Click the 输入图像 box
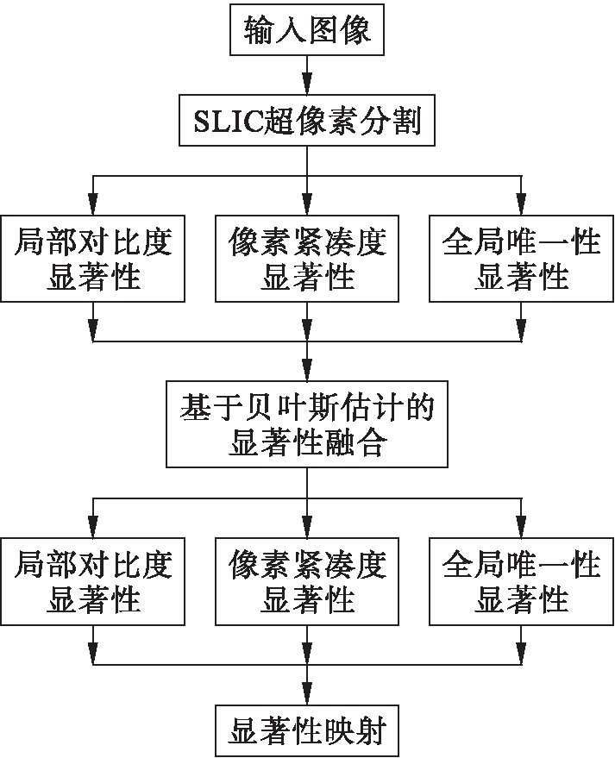[x=307, y=32]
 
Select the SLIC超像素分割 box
[x=307, y=122]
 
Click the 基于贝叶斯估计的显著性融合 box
[x=307, y=424]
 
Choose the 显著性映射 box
[x=307, y=731]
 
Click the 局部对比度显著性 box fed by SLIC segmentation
[x=93, y=259]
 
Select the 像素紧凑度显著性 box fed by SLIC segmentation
[x=307, y=259]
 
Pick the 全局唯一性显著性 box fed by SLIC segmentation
[x=521, y=259]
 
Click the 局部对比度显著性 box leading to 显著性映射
[x=93, y=581]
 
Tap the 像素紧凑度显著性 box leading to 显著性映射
[x=307, y=581]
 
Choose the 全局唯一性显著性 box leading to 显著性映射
[x=521, y=581]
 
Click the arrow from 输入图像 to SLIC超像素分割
[x=307, y=76]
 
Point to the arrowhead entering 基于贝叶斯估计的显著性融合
[x=307, y=366]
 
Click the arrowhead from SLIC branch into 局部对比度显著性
[x=93, y=204]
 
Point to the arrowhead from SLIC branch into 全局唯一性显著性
[x=521, y=204]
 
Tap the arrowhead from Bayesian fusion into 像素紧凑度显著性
[x=307, y=527]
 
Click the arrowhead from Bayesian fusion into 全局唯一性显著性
[x=521, y=527]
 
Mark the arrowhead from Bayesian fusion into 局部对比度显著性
[x=93, y=527]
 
